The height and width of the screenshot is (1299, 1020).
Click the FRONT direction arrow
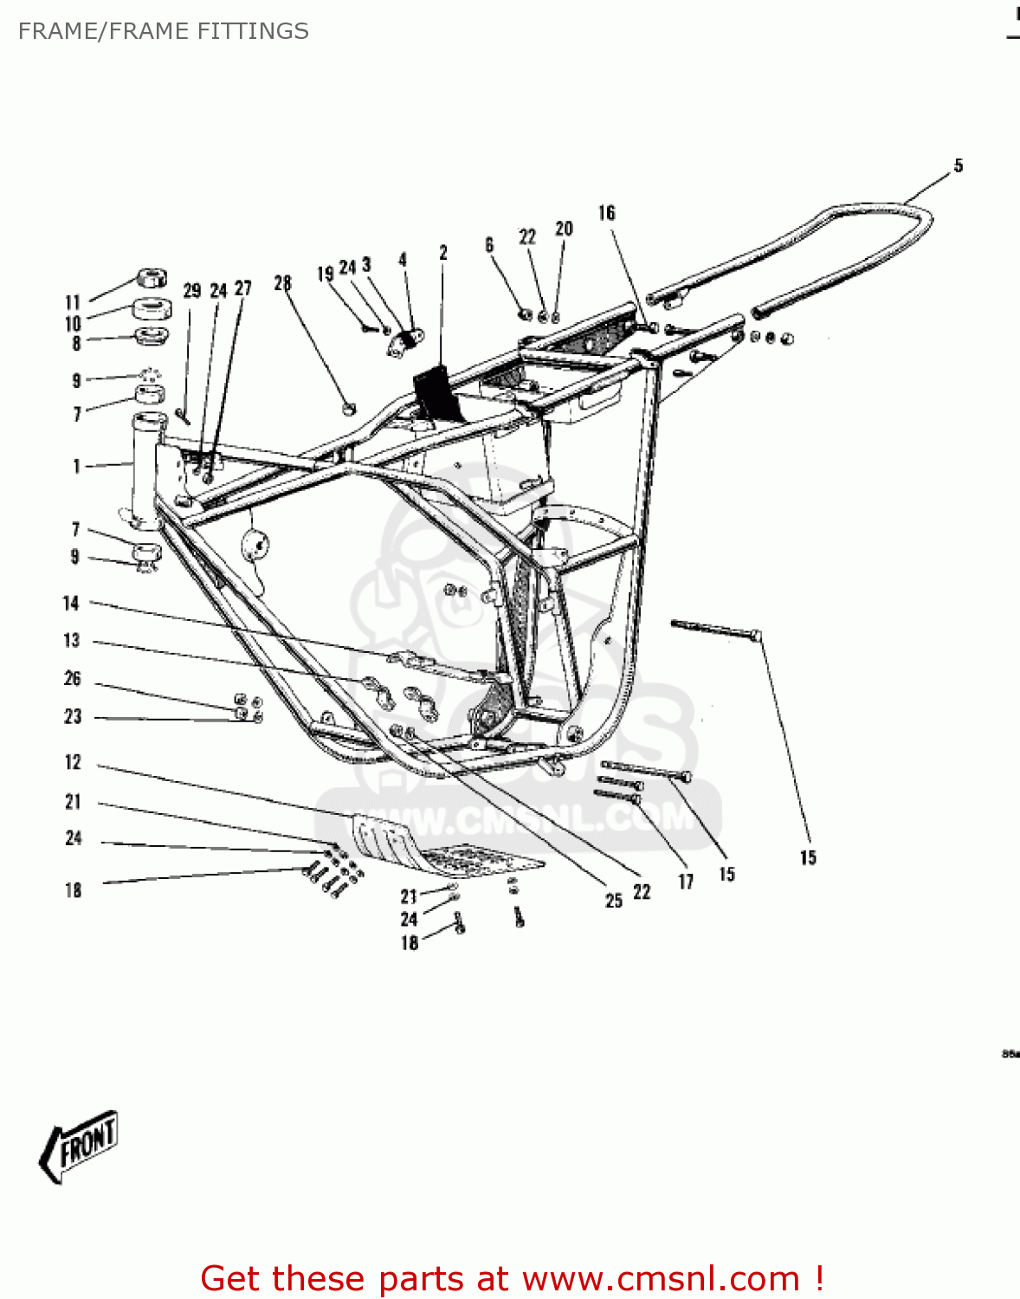(79, 1146)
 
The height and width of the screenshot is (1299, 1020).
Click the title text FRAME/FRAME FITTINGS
(163, 31)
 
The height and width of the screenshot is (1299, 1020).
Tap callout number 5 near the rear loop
(958, 165)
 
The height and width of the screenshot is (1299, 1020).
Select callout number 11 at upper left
(73, 302)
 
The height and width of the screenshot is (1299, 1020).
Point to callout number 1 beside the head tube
(76, 467)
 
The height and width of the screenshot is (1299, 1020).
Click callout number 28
(282, 283)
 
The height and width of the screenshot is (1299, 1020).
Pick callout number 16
(606, 213)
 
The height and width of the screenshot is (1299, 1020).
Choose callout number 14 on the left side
(71, 604)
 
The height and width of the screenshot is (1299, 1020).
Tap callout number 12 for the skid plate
(73, 762)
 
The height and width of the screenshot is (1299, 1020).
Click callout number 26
(73, 679)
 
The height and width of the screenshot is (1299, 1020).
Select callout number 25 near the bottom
(613, 901)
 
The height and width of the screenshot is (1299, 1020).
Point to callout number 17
(686, 882)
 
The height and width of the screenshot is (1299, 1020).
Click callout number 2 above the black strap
(443, 253)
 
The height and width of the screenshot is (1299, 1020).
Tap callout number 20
(564, 229)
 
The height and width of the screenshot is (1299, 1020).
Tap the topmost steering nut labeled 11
(151, 279)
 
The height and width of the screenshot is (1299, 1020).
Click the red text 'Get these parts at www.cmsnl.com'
(511, 1278)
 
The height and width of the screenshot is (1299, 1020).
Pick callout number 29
(191, 291)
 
